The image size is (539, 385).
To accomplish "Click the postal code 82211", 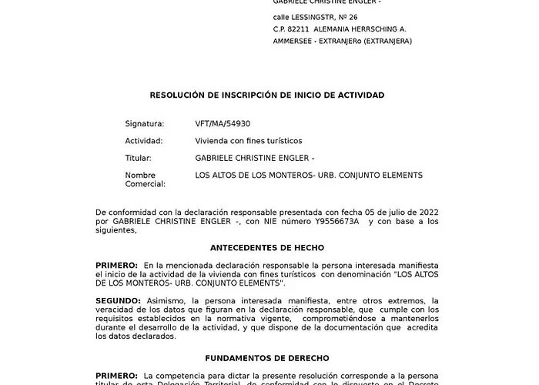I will pyautogui.click(x=301, y=29).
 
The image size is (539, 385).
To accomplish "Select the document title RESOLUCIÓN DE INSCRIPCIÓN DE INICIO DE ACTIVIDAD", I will pyautogui.click(x=266, y=95).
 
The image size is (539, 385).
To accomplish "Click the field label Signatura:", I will pyautogui.click(x=145, y=123).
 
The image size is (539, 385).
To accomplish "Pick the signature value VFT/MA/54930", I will pyautogui.click(x=223, y=123).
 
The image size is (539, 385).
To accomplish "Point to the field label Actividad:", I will pyautogui.click(x=144, y=141).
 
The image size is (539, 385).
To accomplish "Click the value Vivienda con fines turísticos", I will pyautogui.click(x=249, y=141).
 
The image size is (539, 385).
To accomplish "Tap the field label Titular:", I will pyautogui.click(x=139, y=158).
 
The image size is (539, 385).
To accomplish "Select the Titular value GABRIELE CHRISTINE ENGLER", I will pyautogui.click(x=253, y=158).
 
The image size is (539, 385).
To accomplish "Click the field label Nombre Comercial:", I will pyautogui.click(x=146, y=179).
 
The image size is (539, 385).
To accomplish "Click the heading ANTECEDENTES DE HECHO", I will pyautogui.click(x=267, y=248).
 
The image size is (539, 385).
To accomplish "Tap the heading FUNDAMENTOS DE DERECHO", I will pyautogui.click(x=267, y=358).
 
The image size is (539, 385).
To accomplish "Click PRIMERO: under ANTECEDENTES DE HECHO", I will pyautogui.click(x=117, y=265).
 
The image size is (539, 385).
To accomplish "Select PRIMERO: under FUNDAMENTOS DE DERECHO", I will pyautogui.click(x=117, y=374).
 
